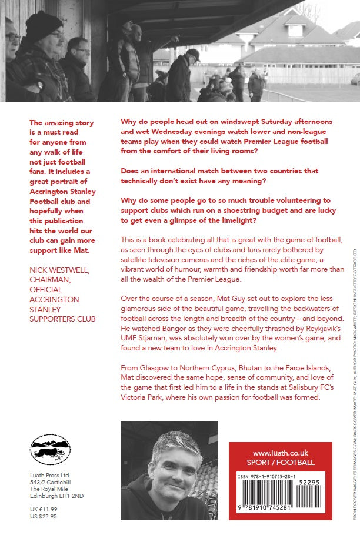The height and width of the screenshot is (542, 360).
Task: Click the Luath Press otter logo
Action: [50, 450]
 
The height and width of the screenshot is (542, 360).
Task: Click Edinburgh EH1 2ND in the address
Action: [56, 496]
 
